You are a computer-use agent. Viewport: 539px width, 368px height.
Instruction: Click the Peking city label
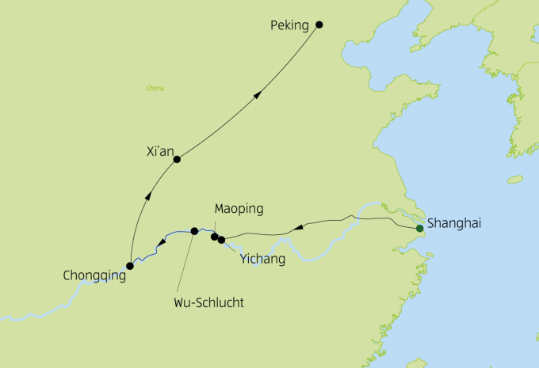click(x=289, y=25)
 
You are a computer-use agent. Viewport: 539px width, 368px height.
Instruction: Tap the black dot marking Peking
click(x=319, y=25)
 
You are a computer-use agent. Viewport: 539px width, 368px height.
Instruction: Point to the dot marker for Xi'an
click(x=177, y=159)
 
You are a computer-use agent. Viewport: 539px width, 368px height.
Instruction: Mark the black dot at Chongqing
click(x=130, y=266)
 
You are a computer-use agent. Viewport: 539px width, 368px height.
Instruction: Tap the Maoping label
click(x=239, y=209)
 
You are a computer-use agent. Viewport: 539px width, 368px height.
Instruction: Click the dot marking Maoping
click(x=214, y=236)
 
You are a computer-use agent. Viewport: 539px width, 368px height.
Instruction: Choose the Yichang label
click(x=262, y=259)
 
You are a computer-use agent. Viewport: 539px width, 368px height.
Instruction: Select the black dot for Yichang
click(x=222, y=239)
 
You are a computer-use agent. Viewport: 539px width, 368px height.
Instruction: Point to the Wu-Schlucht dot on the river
click(x=194, y=231)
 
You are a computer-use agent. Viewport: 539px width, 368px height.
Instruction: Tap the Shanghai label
click(x=454, y=224)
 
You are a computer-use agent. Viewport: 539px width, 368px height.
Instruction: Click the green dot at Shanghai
click(x=419, y=230)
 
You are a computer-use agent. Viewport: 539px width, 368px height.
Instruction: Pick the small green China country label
click(x=155, y=88)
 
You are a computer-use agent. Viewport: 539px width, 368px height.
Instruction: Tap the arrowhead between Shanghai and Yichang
click(x=297, y=228)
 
